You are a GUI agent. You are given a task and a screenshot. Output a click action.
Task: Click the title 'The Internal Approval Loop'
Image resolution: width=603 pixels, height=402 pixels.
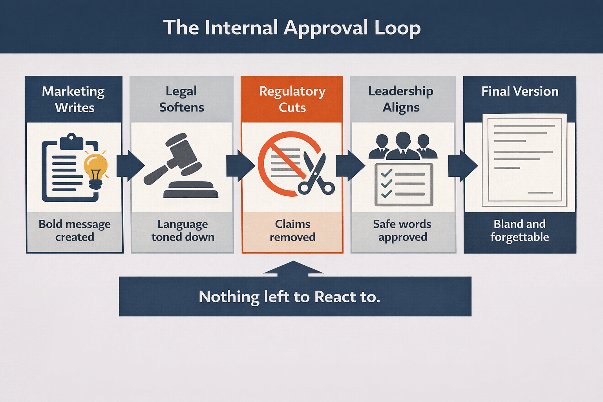pos(292,27)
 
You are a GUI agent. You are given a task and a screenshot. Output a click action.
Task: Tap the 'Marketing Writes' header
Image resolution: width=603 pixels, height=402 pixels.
pos(74,99)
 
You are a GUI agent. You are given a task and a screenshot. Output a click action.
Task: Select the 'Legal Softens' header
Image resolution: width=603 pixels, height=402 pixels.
pos(181,99)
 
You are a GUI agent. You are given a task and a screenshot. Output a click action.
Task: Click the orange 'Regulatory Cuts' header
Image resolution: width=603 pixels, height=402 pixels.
pos(292,99)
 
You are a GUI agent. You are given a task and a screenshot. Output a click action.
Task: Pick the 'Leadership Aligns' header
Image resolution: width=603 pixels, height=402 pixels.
pos(401,99)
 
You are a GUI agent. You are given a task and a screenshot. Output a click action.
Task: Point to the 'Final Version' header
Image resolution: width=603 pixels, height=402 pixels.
pos(520,91)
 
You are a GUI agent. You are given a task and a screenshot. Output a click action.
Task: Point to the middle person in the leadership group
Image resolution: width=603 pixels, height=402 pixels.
pos(403,145)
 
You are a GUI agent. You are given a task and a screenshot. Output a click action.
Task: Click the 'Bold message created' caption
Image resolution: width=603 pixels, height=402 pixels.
pos(75,230)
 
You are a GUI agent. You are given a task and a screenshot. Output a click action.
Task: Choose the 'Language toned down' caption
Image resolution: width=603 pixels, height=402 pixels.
pos(183,230)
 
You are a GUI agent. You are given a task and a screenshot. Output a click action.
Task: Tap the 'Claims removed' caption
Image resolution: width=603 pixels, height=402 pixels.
pos(292,230)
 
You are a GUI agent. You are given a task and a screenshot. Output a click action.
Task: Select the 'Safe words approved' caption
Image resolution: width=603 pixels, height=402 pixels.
pos(402,230)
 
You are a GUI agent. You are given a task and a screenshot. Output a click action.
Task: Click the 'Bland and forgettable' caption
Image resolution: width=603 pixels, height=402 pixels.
pos(519,230)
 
